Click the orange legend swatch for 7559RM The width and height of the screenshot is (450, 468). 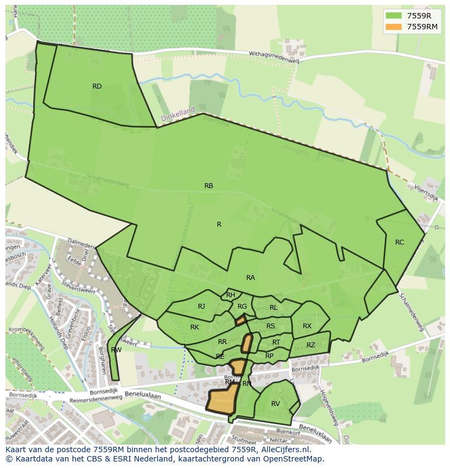coord(394,27)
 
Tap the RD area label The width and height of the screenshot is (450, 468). coord(97,86)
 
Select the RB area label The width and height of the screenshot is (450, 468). coord(209,186)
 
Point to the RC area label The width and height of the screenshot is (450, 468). coord(399,242)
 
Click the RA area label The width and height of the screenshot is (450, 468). coord(251,278)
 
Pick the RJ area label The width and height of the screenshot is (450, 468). coord(202,307)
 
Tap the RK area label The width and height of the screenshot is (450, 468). coord(195,327)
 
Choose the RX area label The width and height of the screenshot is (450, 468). coord(307,326)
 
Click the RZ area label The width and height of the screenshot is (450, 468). coord(311,345)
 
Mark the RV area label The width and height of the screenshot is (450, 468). coord(276,404)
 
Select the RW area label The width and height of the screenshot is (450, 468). coord(116,350)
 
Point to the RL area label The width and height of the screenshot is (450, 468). coord(273,308)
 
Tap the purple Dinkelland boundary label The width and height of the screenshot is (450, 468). coord(178,114)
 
